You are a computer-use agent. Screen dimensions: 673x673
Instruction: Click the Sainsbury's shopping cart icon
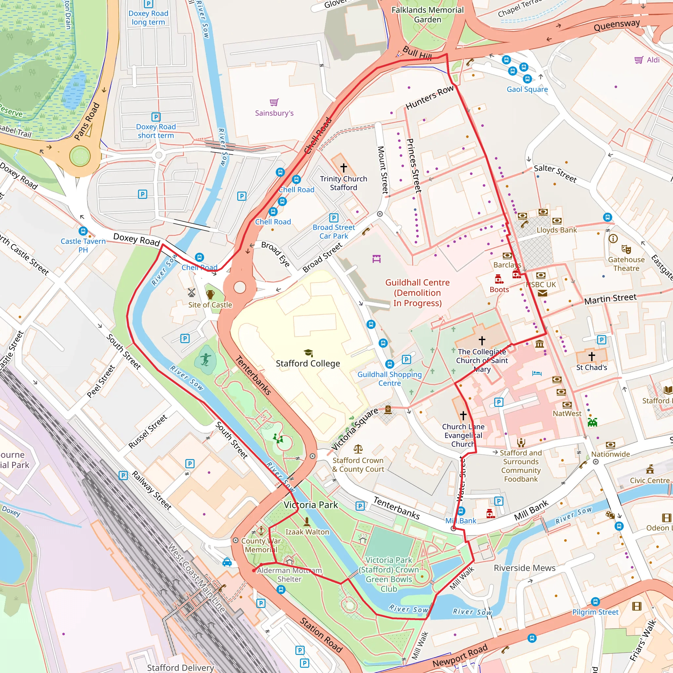[274, 102]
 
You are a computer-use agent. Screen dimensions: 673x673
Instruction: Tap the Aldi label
[653, 60]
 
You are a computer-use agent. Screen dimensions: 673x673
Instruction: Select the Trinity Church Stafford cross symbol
[343, 168]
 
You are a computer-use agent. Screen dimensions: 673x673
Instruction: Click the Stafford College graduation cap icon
[308, 353]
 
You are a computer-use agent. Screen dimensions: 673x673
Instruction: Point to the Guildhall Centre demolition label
[417, 292]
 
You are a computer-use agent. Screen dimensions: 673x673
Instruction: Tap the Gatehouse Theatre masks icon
[626, 249]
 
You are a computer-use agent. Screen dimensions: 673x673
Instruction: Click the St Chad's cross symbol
[592, 356]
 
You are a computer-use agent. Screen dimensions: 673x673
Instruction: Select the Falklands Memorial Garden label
[428, 15]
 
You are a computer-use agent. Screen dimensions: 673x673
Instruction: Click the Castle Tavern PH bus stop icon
[83, 231]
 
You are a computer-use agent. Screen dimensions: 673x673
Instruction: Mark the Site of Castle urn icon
[210, 295]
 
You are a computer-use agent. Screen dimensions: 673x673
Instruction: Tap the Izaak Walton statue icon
[307, 522]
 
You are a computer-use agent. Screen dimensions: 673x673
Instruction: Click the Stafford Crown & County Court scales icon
[358, 449]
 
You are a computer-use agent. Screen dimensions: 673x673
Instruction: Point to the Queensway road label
[616, 25]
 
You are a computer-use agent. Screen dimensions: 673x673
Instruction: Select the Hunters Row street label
[429, 97]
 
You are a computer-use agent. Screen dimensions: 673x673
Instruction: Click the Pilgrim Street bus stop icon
[595, 602]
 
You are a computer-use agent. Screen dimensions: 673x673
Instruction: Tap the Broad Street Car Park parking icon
[334, 218]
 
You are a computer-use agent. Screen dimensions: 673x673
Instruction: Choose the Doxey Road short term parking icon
[156, 117]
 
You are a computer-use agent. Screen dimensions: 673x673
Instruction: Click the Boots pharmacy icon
[499, 279]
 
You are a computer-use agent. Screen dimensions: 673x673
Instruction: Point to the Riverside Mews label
[524, 568]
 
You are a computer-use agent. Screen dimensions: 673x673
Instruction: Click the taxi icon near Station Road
[227, 562]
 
